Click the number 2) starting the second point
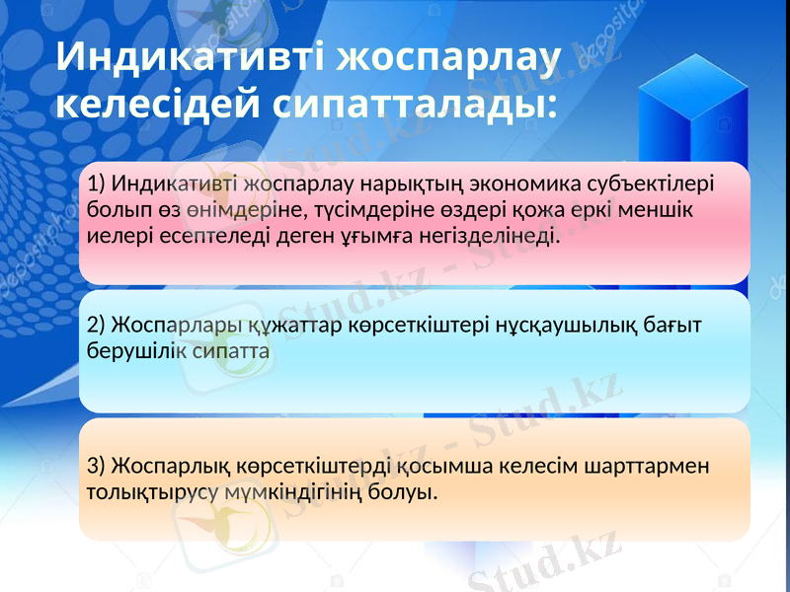click(97, 325)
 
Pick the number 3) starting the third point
click(97, 465)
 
